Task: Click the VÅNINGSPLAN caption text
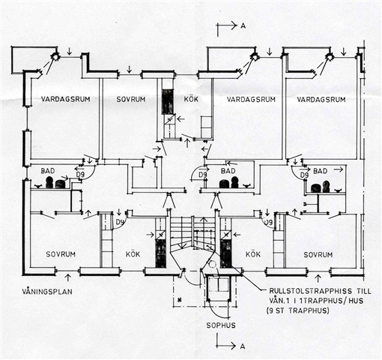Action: coord(47,292)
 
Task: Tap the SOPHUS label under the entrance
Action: coord(221,325)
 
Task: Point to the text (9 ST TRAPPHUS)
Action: coord(298,310)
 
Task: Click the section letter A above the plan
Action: coord(243,25)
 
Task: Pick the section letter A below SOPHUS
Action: coord(242,346)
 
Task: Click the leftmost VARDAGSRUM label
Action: coord(65,99)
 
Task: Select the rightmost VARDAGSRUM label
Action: coord(321,100)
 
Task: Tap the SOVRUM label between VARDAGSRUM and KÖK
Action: coord(131,99)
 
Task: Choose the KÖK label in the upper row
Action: coord(191,99)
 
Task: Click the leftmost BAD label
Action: coord(48,171)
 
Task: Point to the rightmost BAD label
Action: coord(321,171)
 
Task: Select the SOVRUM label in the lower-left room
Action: coord(61,254)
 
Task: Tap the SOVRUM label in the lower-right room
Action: coord(318,255)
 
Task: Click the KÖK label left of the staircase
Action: coord(133,254)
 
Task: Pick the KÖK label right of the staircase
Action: coord(253,254)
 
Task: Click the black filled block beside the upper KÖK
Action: coord(168,102)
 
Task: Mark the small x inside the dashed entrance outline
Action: coord(179,299)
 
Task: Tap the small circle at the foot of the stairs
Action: coord(212,264)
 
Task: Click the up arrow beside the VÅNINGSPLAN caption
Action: coord(68,277)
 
